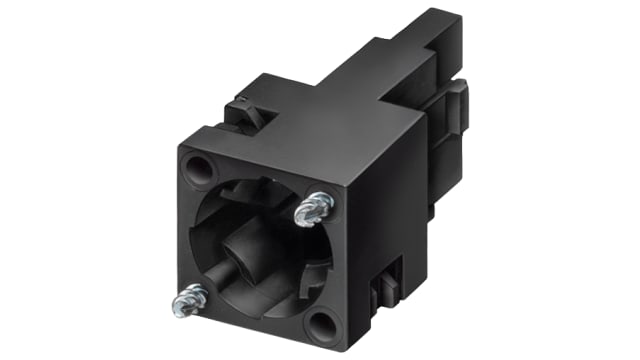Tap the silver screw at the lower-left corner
point(188,295)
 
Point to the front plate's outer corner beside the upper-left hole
point(177,151)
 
